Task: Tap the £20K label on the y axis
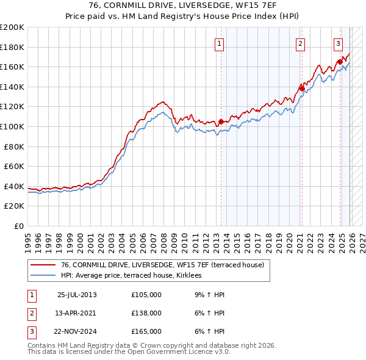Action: pyautogui.click(x=14, y=206)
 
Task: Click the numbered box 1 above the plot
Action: pyautogui.click(x=218, y=43)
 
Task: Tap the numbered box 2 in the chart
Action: pyautogui.click(x=301, y=43)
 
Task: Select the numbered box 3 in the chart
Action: pyautogui.click(x=338, y=43)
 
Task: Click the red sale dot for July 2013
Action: pyautogui.click(x=221, y=121)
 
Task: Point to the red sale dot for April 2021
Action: pyautogui.click(x=302, y=89)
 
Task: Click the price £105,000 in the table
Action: pyautogui.click(x=146, y=295)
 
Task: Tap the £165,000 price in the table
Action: pyautogui.click(x=146, y=331)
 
